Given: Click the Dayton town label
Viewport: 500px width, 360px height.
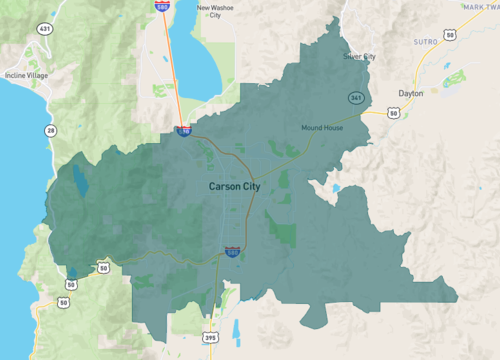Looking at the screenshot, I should tap(411, 93).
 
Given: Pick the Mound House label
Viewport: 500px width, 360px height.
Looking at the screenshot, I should tap(323, 128).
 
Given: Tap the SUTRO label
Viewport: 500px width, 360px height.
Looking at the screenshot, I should tap(427, 43).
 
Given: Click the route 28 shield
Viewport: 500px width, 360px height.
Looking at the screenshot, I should tap(49, 129).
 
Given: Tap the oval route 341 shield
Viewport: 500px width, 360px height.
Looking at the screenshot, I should tap(356, 97).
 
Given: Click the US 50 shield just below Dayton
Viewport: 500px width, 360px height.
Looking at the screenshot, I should tap(394, 115).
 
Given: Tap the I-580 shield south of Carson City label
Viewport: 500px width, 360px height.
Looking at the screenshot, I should tap(231, 253).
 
